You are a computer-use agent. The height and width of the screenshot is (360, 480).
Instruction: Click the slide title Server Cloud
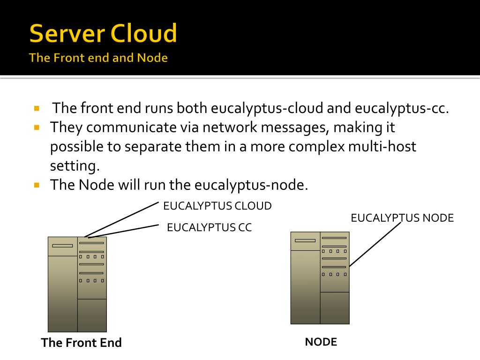click(103, 34)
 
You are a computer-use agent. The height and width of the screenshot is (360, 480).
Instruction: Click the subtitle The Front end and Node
click(98, 58)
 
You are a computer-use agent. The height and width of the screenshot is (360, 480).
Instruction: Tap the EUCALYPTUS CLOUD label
click(217, 206)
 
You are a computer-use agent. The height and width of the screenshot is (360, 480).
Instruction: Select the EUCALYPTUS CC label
click(209, 228)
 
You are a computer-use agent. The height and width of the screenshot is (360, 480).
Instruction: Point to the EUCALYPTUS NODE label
click(402, 218)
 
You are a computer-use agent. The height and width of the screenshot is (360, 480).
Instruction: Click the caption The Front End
click(81, 343)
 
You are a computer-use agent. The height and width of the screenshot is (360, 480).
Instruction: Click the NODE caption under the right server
click(321, 342)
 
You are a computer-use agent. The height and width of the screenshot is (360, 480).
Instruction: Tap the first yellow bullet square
click(37, 108)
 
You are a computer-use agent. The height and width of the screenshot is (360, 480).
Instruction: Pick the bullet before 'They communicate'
click(37, 127)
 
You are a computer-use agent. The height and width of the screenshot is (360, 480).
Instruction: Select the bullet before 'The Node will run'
click(37, 185)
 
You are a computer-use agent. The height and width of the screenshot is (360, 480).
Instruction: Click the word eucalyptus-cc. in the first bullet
click(402, 109)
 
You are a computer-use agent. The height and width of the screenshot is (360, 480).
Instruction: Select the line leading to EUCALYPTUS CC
click(123, 231)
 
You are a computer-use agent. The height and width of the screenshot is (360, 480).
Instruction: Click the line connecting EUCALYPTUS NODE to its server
click(375, 244)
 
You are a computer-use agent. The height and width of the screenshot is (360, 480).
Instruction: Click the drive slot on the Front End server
click(62, 246)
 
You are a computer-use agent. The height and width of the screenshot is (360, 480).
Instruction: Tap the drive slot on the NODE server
click(305, 240)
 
